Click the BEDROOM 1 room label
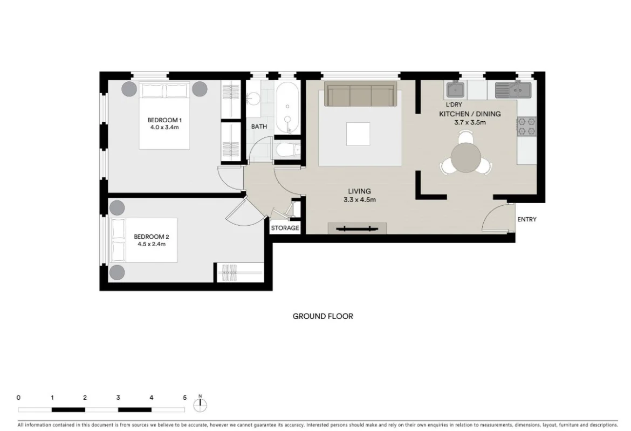164,120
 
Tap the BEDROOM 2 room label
152,237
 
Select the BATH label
259,127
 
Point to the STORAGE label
285,228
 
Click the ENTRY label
526,219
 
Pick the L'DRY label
454,105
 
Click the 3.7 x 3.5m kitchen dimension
470,122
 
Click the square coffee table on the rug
358,134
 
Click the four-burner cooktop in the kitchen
526,127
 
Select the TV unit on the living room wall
357,228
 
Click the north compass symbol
200,404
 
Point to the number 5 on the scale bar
184,398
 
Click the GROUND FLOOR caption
323,316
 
